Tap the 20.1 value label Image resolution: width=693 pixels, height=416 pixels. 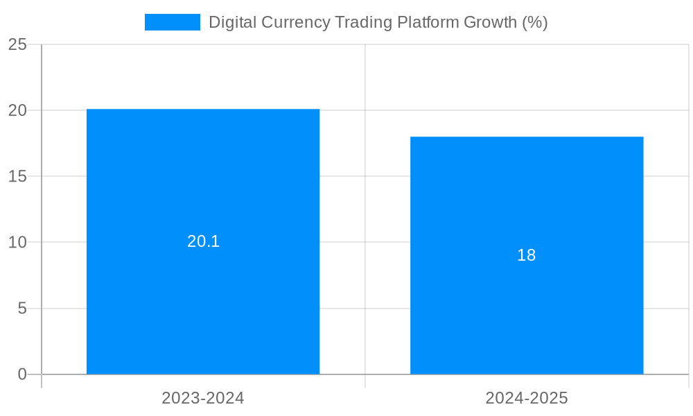coord(203,241)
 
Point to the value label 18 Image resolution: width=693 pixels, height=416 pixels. coord(527,255)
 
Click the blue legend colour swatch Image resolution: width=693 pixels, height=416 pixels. coord(172,22)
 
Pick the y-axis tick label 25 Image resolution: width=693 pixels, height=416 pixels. coord(17,44)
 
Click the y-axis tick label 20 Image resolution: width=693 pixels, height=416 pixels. coord(17,110)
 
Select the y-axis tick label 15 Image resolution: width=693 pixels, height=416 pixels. coord(17,176)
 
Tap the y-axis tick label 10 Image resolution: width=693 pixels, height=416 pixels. coord(17,242)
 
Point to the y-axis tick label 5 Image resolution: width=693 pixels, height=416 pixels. coord(22,308)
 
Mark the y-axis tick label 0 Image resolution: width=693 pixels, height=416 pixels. coord(22,374)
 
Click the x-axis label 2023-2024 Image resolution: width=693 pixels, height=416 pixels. coord(203,398)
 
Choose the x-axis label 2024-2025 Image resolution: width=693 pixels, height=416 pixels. coord(527,398)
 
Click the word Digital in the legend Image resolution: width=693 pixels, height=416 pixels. coord(232,22)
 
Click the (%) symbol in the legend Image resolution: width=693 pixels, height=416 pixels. coord(534,22)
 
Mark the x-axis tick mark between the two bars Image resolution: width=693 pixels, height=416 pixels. coord(365,381)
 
